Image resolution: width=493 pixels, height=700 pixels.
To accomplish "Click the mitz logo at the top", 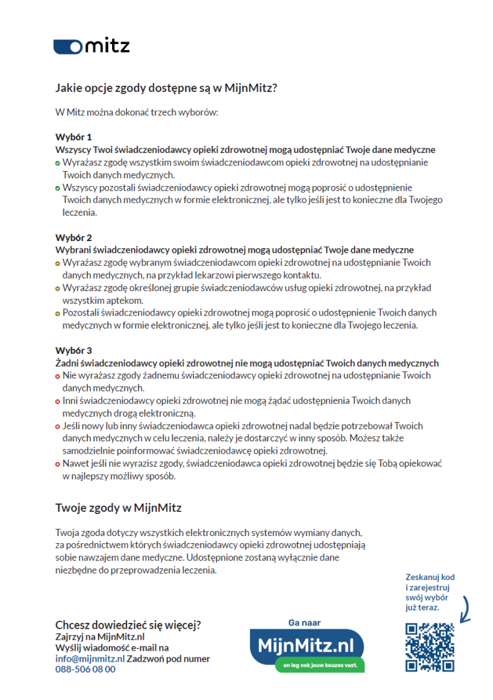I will (91, 46).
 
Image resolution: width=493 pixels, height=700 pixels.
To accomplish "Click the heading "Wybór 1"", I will (73, 137).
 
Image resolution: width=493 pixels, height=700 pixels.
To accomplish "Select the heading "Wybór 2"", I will (73, 237).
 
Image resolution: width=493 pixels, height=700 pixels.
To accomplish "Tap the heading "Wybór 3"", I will (73, 350).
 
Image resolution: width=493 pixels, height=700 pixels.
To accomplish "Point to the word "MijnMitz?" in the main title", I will (255, 87).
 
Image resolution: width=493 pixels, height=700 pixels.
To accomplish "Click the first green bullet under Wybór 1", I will (58, 163).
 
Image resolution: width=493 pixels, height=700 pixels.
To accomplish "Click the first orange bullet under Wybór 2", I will (58, 263).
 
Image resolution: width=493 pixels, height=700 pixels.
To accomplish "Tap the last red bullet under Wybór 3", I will (58, 464).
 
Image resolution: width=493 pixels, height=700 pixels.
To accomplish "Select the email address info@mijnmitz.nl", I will (89, 659).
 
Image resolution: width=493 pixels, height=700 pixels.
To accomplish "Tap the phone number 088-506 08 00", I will (86, 669).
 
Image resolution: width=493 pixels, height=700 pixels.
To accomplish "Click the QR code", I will (430, 647).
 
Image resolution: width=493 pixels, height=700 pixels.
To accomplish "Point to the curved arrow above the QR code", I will (466, 608).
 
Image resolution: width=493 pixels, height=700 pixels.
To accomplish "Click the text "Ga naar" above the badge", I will (304, 623).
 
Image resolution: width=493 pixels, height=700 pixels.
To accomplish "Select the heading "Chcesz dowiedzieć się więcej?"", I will (128, 625).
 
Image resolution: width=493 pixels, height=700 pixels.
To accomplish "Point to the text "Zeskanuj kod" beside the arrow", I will (430, 577).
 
